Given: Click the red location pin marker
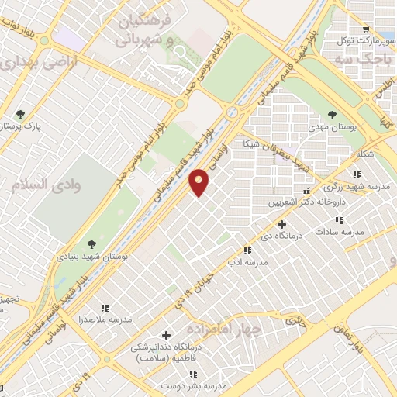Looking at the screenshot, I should coord(200,181).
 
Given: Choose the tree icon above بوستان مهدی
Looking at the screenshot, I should coord(332,114).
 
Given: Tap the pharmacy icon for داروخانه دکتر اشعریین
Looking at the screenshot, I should coord(309,191).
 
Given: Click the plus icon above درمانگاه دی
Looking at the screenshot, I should coord(282,224).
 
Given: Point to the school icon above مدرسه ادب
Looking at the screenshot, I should coord(247,250).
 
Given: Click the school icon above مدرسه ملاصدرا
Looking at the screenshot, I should coord(105,308).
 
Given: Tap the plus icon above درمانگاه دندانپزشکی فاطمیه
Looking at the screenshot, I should coord(165,334).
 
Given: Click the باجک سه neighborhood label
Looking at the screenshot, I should coord(363,59).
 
